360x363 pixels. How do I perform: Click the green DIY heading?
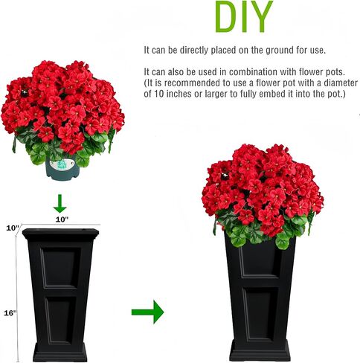click(x=244, y=16)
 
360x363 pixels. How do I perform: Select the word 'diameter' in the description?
click(x=341, y=83)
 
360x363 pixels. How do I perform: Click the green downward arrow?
click(x=60, y=204)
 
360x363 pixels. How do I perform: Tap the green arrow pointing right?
click(x=147, y=312)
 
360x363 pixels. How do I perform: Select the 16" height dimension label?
click(x=10, y=313)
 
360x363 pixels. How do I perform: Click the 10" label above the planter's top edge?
click(x=62, y=219)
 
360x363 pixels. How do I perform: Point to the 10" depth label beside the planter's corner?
click(x=13, y=228)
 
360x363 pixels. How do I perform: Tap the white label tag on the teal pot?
click(x=62, y=164)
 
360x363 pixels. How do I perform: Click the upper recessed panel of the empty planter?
click(x=60, y=268)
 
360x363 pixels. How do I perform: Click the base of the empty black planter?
click(x=60, y=352)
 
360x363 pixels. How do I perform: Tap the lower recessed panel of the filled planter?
click(x=260, y=314)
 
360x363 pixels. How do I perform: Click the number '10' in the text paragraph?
click(x=159, y=94)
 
